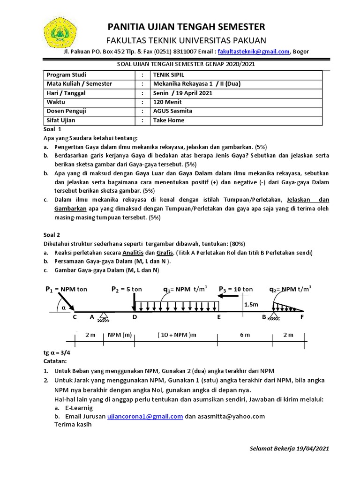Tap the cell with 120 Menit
click(x=167, y=102)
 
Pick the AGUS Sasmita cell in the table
click(x=172, y=111)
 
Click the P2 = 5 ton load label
click(x=126, y=289)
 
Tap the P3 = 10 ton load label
click(x=235, y=289)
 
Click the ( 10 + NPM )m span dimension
click(x=177, y=335)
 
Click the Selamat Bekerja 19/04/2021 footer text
click(x=289, y=448)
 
